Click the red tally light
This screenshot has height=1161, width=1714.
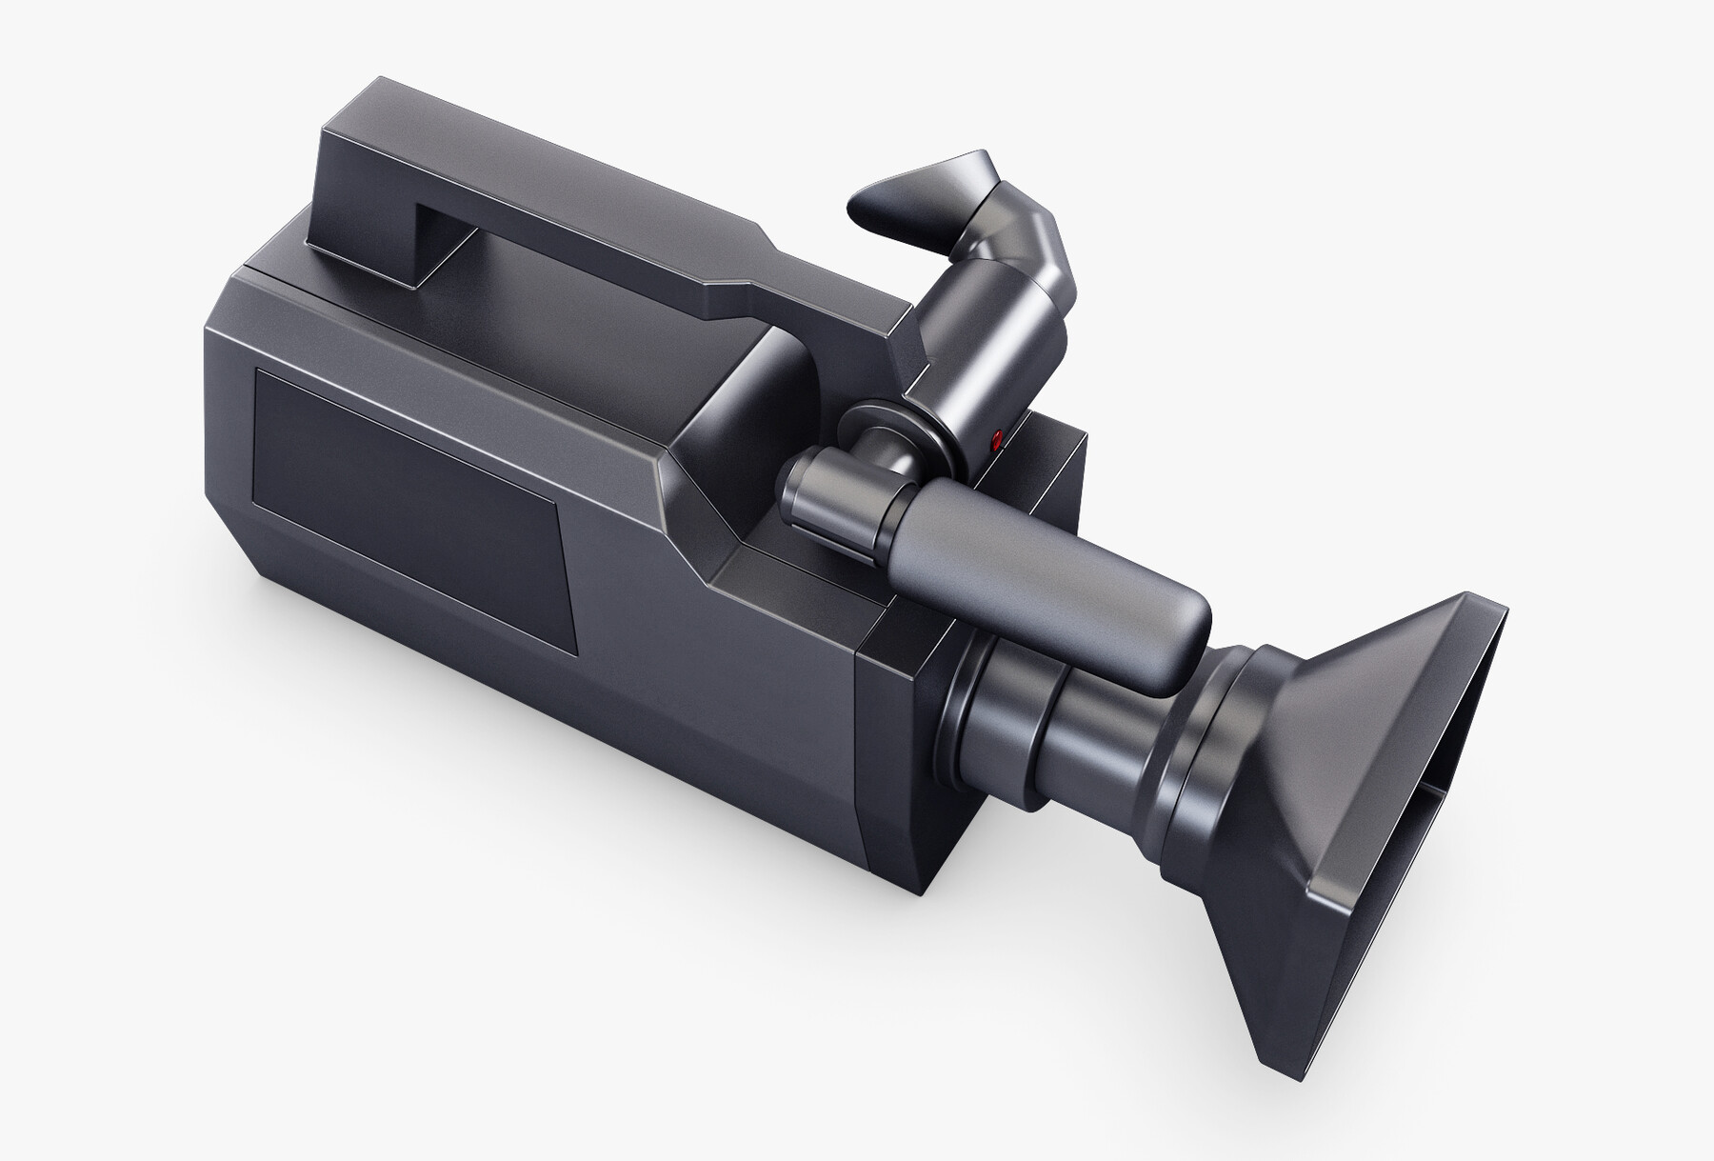(996, 439)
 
